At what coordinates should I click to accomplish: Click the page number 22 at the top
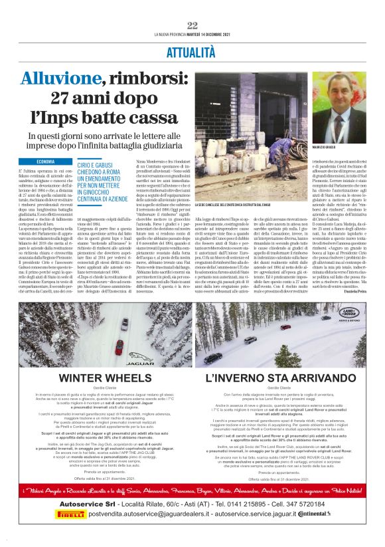pos(193,25)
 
